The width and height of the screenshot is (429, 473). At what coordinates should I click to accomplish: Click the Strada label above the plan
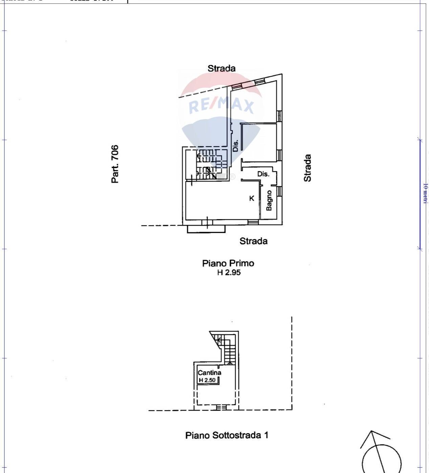tap(221, 68)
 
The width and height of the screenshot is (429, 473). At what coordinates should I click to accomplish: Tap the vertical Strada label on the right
tap(307, 168)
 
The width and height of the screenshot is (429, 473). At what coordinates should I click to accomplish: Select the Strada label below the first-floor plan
tap(253, 241)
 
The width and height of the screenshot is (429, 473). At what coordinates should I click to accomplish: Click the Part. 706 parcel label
tap(115, 164)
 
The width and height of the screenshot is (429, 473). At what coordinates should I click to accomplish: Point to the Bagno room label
tap(269, 200)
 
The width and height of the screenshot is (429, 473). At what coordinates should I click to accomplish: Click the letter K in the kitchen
tap(252, 198)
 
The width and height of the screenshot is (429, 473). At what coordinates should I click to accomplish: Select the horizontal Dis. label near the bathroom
tap(263, 174)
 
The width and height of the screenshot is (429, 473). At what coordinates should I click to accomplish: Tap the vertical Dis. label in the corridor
tap(236, 145)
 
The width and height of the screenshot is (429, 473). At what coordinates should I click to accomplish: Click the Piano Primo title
tap(228, 263)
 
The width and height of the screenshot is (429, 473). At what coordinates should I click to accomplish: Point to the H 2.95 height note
tap(229, 273)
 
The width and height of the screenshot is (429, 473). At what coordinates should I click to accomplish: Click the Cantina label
tap(210, 373)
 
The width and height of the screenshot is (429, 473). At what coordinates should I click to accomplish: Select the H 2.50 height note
tap(207, 380)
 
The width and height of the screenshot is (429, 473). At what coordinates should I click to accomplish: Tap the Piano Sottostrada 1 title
tap(227, 435)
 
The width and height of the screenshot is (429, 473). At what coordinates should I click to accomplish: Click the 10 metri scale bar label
tap(425, 193)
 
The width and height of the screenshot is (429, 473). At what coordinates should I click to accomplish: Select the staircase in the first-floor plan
tap(207, 164)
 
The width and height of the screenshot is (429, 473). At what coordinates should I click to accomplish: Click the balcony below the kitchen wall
tap(206, 229)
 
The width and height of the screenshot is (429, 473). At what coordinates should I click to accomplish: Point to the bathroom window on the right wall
tap(279, 191)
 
